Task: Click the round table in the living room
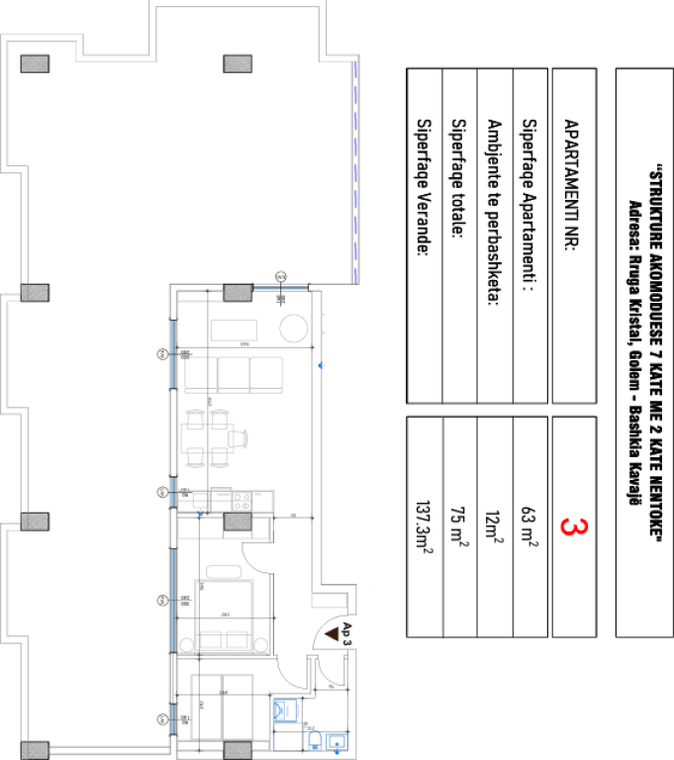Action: click(x=295, y=328)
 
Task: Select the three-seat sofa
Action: click(x=235, y=373)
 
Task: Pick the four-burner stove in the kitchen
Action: click(x=239, y=499)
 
